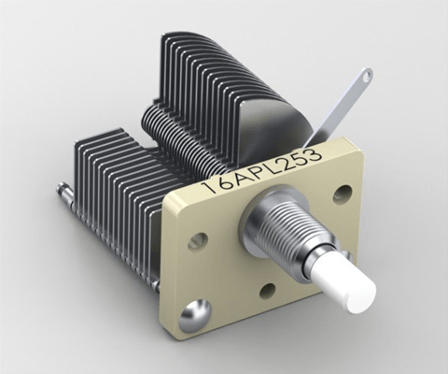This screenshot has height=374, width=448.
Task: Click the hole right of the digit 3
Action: click(343, 194)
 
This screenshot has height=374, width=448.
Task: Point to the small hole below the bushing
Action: click(267, 291)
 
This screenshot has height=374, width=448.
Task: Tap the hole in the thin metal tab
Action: click(367, 75)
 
